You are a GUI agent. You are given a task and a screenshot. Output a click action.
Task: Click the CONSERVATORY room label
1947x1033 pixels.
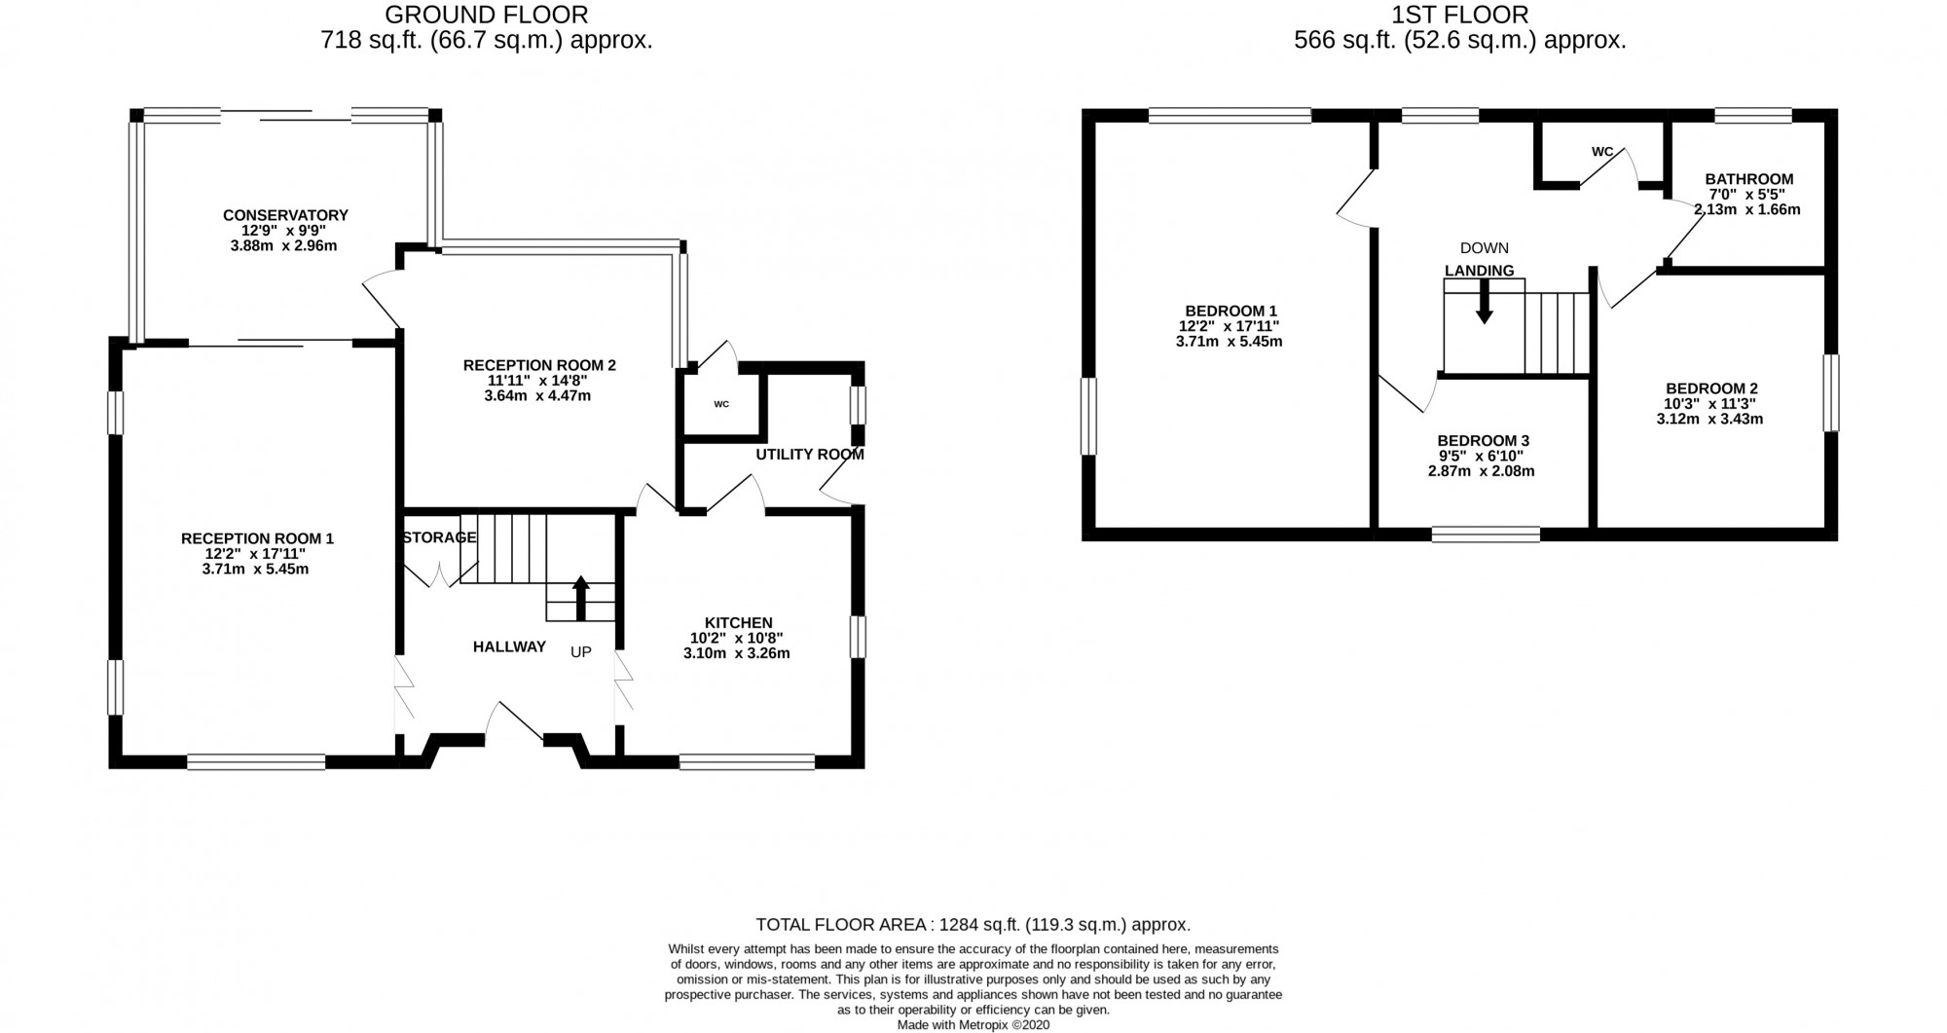285,215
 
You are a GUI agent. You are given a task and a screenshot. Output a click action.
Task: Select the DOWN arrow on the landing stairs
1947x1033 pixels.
1484,301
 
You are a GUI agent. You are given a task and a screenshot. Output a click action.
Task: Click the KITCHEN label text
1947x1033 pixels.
738,623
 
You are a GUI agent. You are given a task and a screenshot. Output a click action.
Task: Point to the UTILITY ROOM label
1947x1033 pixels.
810,455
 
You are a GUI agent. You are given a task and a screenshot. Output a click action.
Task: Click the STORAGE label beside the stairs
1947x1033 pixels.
439,537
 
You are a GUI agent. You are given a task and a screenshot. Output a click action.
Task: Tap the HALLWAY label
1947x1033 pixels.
509,646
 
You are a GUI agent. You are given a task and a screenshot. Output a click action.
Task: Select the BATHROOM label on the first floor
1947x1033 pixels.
1748,179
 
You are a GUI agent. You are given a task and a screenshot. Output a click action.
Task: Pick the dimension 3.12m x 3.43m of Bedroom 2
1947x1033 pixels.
1709,420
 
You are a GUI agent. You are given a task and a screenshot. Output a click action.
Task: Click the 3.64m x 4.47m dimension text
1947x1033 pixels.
537,396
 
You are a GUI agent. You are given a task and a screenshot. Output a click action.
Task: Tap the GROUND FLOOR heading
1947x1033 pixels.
486,15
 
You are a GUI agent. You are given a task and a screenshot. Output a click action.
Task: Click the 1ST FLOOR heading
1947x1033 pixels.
1459,15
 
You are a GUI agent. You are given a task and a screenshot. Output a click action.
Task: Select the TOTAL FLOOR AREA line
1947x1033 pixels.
973,925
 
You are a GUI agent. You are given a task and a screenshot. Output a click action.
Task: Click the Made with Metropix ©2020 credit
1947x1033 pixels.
973,1024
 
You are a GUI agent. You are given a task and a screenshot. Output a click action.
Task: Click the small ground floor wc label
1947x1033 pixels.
721,404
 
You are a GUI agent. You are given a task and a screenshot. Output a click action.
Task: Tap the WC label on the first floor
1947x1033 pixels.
1601,152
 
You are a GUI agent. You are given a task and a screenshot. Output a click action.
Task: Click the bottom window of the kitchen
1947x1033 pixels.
747,762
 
